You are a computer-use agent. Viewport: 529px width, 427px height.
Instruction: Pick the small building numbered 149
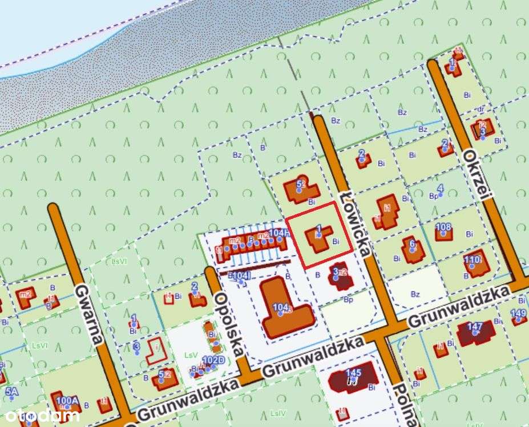519,318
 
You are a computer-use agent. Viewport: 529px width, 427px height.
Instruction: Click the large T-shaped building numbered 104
283,308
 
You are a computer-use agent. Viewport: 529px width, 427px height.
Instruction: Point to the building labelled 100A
65,402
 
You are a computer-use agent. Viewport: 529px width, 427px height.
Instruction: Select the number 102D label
213,360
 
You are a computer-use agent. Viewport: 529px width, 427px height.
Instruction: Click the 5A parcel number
12,392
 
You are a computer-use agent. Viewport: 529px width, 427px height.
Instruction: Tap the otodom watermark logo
40,415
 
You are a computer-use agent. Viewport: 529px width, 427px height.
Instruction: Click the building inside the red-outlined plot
318,239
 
